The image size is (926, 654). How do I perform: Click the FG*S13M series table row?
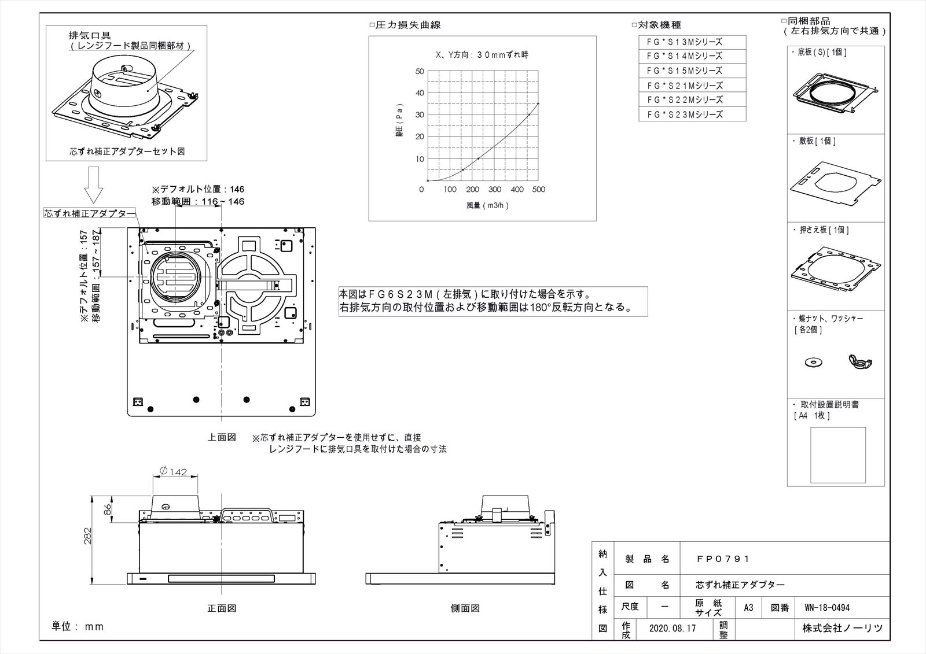coord(692,42)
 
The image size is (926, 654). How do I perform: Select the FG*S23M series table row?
coord(692,114)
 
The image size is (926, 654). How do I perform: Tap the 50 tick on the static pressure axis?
coord(420,71)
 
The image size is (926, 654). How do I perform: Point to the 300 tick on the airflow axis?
coord(494,190)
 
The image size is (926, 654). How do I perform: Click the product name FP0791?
coord(723,559)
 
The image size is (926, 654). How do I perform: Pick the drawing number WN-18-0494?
coord(827,608)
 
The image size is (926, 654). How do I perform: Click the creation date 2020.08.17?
coord(673,628)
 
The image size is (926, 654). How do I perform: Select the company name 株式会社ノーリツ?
coord(842,628)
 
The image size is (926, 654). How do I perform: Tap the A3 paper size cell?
coord(748,608)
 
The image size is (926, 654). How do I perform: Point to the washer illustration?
coord(813,362)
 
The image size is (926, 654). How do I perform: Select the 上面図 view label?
coord(222,438)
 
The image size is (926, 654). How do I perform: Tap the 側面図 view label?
coord(465,608)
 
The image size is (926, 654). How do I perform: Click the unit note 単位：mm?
coord(78,626)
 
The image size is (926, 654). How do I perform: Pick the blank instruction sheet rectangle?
coord(838,455)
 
